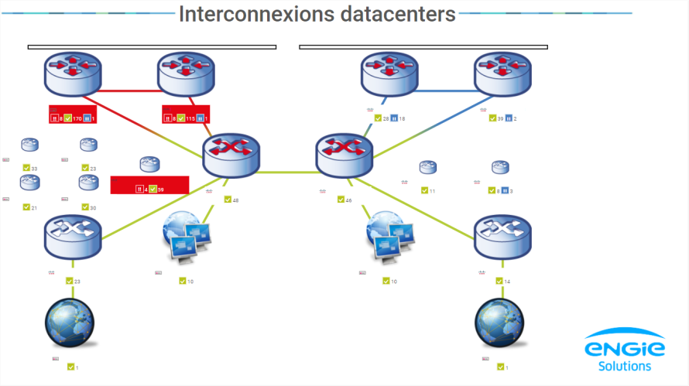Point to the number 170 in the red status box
pos(77,118)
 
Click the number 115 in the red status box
pos(190,118)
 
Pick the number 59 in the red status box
pos(160,189)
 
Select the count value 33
pos(34,168)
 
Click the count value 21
pos(34,207)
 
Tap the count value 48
pos(235,200)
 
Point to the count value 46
pos(348,200)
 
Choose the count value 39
pos(500,118)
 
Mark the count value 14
pos(507,281)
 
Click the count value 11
pos(432,190)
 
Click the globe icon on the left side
pos(70,323)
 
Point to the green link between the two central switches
pos(287,172)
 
